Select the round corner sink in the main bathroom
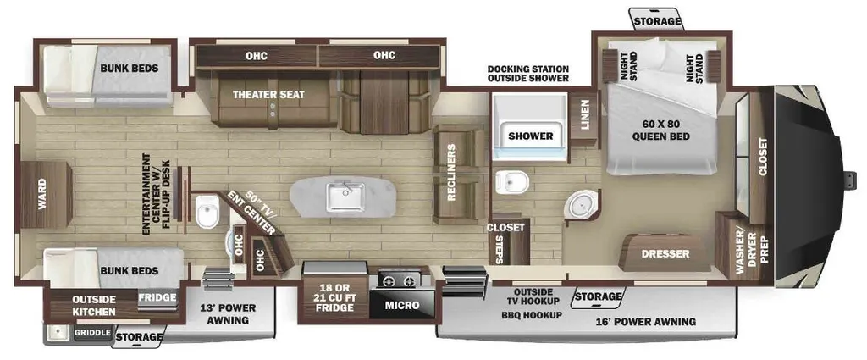[x=580, y=205]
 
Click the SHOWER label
[x=531, y=136]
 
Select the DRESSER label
[x=665, y=254]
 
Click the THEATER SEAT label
[x=268, y=95]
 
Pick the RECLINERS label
[x=452, y=173]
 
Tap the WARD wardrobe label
[x=42, y=194]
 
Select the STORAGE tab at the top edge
[x=657, y=21]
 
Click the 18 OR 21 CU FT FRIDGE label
[x=334, y=297]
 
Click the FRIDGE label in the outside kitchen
[x=157, y=297]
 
